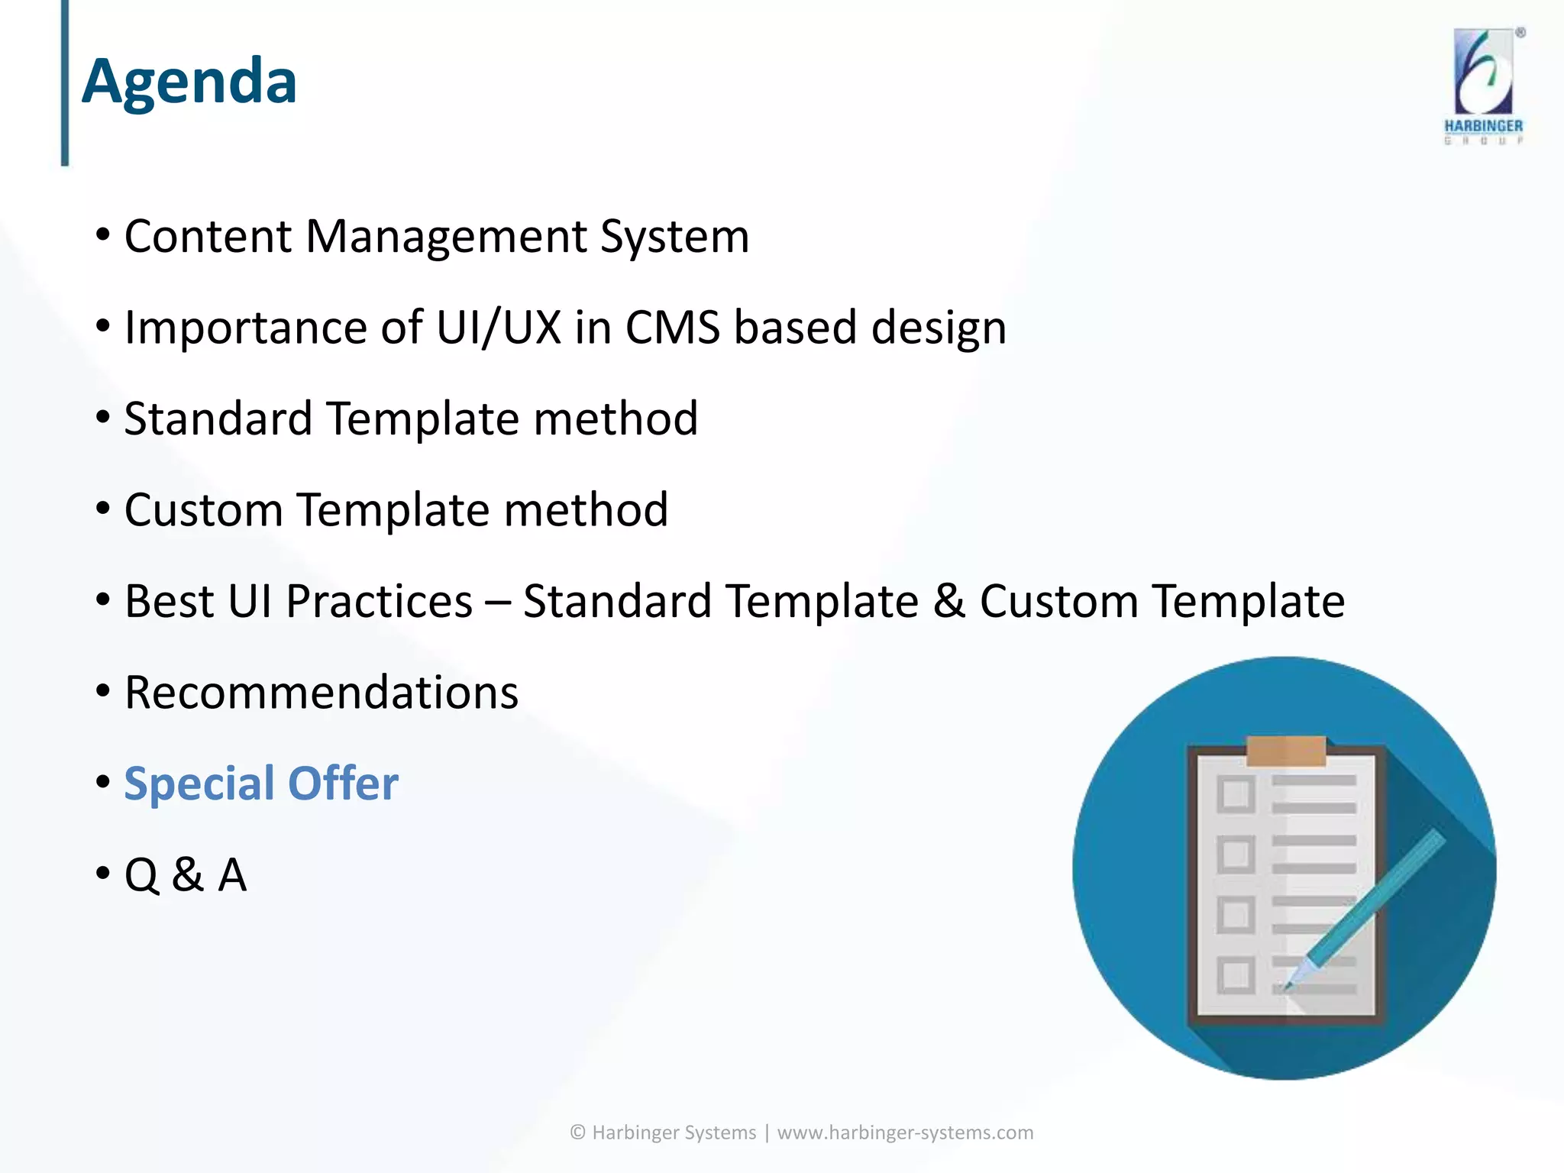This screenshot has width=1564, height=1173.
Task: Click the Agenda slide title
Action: pyautogui.click(x=189, y=82)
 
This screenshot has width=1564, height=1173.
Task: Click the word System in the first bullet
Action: pyautogui.click(x=674, y=237)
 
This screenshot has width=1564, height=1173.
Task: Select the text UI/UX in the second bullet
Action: pyautogui.click(x=499, y=328)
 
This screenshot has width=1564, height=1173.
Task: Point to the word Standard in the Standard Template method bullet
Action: pyautogui.click(x=218, y=418)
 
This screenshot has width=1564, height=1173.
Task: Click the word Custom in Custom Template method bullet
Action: pyautogui.click(x=203, y=510)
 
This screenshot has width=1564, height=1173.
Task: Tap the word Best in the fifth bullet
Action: pyautogui.click(x=169, y=601)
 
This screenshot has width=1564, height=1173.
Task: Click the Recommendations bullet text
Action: pyautogui.click(x=322, y=693)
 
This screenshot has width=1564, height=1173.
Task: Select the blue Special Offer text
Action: pyautogui.click(x=261, y=784)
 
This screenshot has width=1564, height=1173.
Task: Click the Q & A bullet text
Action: pyautogui.click(x=186, y=875)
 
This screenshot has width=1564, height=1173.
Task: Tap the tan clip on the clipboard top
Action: pyautogui.click(x=1286, y=750)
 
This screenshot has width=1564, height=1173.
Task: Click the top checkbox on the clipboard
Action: pyautogui.click(x=1235, y=794)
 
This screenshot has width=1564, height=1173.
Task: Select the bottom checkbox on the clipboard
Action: pyautogui.click(x=1235, y=975)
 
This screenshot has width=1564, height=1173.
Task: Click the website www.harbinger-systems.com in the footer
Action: pyautogui.click(x=905, y=1133)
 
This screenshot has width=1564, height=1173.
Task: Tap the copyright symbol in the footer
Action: pyautogui.click(x=578, y=1133)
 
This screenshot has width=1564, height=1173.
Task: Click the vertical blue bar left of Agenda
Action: pyautogui.click(x=65, y=82)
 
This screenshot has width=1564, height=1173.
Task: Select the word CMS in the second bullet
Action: pyautogui.click(x=672, y=328)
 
